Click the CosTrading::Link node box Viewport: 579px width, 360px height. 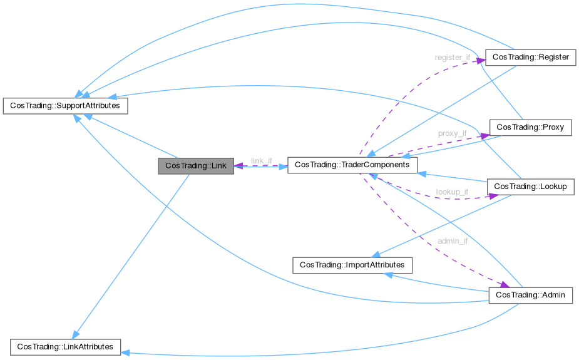pos(196,166)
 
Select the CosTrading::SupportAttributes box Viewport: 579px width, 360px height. pos(66,106)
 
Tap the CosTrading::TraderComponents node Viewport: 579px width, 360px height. pos(352,165)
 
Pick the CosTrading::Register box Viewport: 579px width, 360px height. pos(531,57)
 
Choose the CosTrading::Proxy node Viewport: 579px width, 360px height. pos(530,127)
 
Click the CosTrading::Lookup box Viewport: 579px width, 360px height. pos(530,187)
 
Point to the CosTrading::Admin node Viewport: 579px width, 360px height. pos(530,295)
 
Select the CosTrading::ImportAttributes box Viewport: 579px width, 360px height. pos(352,265)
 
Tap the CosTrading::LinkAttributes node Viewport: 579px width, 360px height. pos(65,346)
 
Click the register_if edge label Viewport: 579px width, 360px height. pos(452,58)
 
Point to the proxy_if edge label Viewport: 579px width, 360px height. pos(452,133)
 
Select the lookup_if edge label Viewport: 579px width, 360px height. pos(452,192)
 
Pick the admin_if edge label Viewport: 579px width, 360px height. pos(452,240)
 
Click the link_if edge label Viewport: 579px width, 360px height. pos(262,161)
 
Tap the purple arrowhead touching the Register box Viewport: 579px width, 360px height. pos(482,61)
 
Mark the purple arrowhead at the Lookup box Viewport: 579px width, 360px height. pos(493,195)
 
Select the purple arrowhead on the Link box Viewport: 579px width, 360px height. pos(238,167)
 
